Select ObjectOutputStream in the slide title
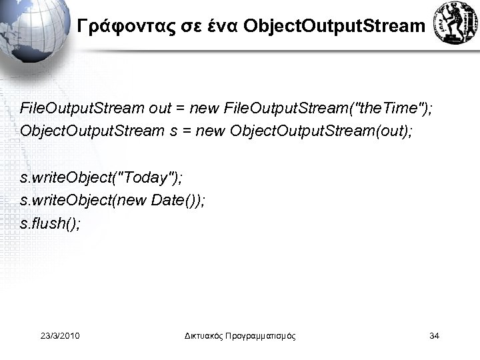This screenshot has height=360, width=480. (x=333, y=27)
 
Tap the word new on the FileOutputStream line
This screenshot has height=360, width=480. (x=203, y=108)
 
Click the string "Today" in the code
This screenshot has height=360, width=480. (x=146, y=178)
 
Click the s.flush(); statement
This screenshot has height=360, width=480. (x=51, y=223)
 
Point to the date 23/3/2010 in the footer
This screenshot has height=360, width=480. (x=60, y=335)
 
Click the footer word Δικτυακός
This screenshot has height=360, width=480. (x=205, y=335)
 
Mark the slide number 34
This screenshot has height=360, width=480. (x=434, y=335)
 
